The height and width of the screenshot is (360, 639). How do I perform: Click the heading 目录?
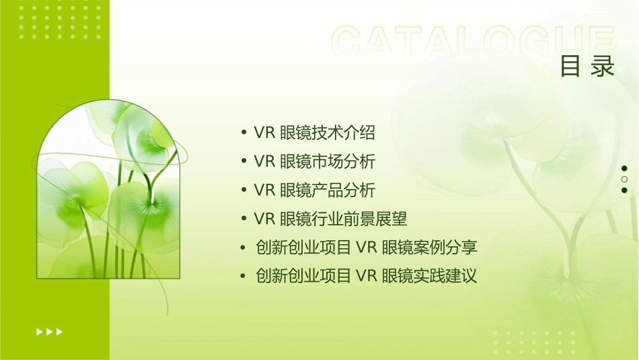587,66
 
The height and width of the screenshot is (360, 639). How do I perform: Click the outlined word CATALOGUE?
473,42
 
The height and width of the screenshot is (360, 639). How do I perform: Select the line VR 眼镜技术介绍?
314,133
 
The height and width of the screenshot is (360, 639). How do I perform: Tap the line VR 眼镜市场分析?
314,161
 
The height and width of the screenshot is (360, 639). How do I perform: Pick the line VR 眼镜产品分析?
314,190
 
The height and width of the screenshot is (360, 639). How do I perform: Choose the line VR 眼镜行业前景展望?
330,219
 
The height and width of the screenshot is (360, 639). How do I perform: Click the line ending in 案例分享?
366,247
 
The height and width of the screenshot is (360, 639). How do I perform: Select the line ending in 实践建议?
366,276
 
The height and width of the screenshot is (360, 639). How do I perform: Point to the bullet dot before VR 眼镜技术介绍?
243,133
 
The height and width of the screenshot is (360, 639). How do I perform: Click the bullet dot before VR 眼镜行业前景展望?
243,219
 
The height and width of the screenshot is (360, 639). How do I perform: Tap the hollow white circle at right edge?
624,179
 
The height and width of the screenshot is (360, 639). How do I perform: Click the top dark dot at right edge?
624,168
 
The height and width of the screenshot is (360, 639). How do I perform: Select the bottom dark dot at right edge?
624,190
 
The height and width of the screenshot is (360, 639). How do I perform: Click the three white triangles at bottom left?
49,331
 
